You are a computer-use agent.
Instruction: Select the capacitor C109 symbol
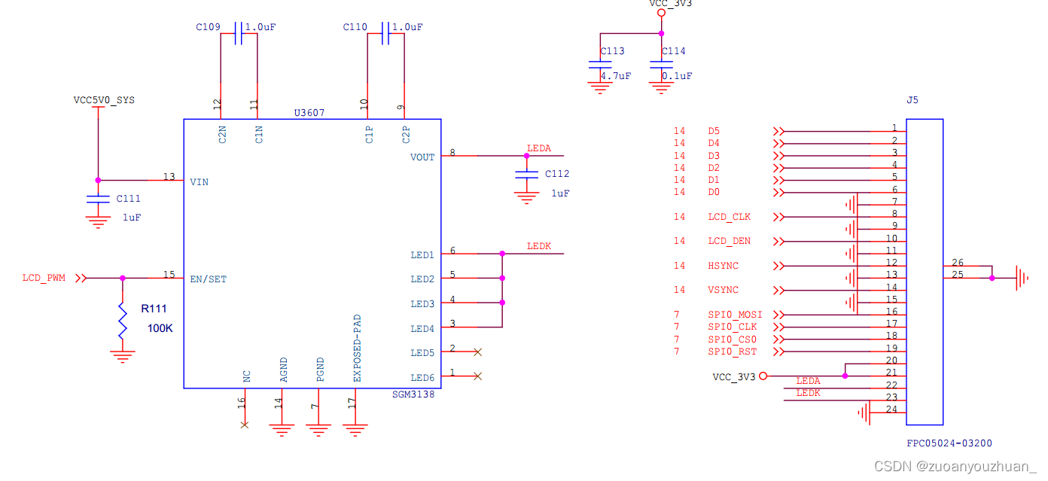(x=239, y=34)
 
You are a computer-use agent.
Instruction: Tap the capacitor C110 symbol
(x=385, y=34)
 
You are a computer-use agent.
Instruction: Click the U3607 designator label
(x=309, y=113)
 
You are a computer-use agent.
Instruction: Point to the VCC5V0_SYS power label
(x=104, y=99)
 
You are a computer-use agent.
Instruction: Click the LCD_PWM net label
(x=44, y=278)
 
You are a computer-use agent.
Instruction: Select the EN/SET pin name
(x=209, y=279)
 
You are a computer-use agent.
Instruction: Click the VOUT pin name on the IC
(x=422, y=157)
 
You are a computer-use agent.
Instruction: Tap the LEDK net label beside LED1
(x=539, y=246)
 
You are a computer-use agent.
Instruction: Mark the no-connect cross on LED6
(x=477, y=376)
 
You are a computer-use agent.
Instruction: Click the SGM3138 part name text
(x=413, y=394)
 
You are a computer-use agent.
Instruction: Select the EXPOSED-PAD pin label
(x=358, y=349)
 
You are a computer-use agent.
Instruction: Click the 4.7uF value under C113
(x=615, y=76)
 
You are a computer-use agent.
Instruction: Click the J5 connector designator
(x=912, y=100)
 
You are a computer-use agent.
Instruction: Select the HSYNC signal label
(x=723, y=266)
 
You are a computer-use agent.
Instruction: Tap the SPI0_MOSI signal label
(x=735, y=315)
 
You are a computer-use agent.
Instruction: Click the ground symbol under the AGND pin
(x=282, y=430)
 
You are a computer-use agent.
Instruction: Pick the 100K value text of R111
(x=160, y=328)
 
